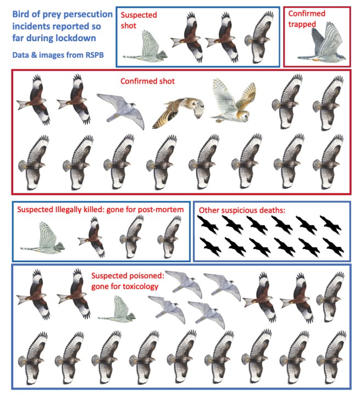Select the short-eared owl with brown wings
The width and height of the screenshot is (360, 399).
click(178, 112)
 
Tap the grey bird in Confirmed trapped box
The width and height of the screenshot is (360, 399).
click(322, 44)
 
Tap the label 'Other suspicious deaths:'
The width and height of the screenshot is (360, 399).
click(242, 210)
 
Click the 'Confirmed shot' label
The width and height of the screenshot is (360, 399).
click(147, 81)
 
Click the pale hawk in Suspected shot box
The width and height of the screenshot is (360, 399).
click(146, 47)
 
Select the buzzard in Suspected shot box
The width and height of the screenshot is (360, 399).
click(259, 37)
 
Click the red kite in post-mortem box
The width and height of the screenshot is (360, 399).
click(92, 237)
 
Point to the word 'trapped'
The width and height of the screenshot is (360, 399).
click(302, 24)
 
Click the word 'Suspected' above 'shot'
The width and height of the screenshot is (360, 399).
click(139, 15)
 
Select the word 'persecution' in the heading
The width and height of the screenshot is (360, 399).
click(91, 14)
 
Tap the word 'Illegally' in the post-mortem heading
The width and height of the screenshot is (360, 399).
click(68, 210)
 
